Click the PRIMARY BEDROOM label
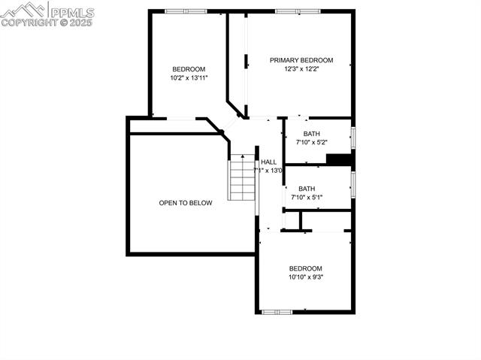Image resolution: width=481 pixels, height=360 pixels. [301, 60]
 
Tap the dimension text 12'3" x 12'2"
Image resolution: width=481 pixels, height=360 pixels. [301, 69]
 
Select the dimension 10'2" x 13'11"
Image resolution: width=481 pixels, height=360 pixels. [189, 77]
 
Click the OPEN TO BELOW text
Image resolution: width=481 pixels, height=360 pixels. [186, 203]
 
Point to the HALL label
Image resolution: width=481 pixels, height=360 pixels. [268, 162]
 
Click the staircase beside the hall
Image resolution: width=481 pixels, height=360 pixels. [243, 177]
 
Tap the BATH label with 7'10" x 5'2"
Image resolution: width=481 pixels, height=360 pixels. [312, 134]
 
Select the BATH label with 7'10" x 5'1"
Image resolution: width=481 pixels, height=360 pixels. [307, 189]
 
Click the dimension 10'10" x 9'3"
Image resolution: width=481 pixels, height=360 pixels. [306, 277]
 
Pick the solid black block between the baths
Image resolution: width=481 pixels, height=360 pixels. [340, 159]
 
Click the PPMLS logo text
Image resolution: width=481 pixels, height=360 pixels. [72, 12]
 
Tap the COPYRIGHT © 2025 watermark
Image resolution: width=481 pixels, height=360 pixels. [47, 23]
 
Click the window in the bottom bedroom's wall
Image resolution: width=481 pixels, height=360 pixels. [277, 311]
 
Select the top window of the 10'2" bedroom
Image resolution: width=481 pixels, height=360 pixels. [186, 11]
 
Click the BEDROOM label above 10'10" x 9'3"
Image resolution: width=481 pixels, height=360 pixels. [306, 268]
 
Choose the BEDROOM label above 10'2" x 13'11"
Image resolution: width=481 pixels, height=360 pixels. [189, 69]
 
